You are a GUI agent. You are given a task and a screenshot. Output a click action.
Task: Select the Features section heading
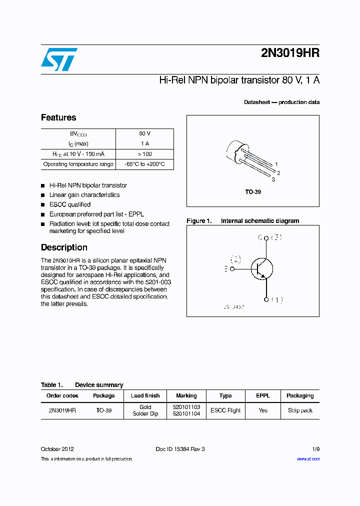tap(58, 117)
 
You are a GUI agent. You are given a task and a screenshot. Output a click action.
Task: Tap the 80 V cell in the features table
tap(144, 134)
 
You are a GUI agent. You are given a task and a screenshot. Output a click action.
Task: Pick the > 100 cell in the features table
tap(144, 154)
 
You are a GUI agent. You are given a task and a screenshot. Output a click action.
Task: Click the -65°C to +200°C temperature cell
tap(144, 164)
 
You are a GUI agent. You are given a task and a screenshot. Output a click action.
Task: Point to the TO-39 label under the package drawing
tap(253, 192)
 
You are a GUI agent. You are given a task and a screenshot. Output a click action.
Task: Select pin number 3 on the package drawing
tap(273, 179)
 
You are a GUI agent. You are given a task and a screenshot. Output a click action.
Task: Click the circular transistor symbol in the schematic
tap(261, 268)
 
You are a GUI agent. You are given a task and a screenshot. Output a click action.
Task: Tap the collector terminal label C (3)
tap(270, 237)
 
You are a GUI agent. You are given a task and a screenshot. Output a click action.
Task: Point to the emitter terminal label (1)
tap(276, 300)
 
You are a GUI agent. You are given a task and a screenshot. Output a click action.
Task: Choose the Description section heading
tap(64, 247)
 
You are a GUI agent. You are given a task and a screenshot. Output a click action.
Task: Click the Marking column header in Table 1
tap(186, 395)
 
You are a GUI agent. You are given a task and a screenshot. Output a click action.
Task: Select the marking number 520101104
tap(186, 414)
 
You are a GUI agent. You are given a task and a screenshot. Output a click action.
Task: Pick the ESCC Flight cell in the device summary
tap(225, 410)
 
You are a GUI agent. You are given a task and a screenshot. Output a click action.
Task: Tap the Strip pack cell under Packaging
tap(300, 410)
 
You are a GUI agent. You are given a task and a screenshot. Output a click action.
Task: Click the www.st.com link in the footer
tap(308, 458)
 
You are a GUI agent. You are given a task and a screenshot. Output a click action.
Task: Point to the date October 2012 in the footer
tap(57, 449)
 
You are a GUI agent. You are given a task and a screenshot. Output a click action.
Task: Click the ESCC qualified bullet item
tap(70, 204)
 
